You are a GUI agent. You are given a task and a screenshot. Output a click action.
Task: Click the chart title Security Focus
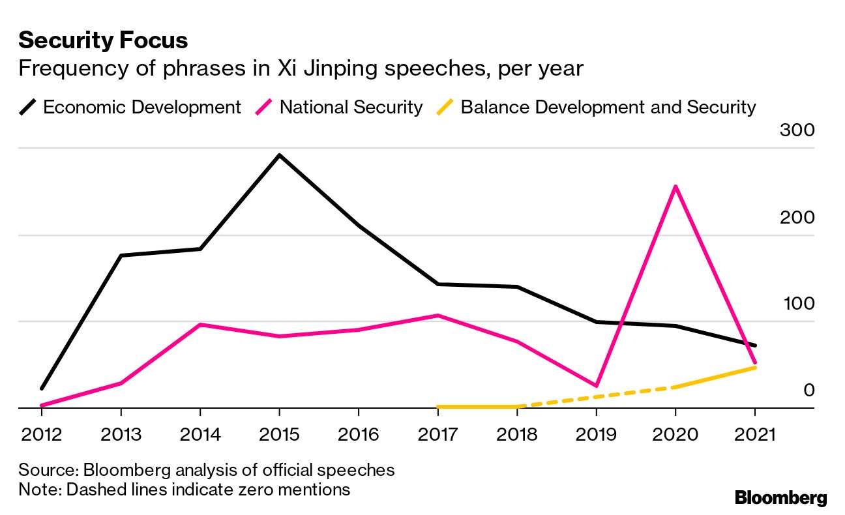pyautogui.click(x=103, y=40)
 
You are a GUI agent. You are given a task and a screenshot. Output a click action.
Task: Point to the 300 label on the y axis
pyautogui.click(x=797, y=130)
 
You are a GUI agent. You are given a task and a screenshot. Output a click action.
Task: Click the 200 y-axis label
pyautogui.click(x=797, y=217)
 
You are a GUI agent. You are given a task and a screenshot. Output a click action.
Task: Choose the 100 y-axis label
pyautogui.click(x=797, y=304)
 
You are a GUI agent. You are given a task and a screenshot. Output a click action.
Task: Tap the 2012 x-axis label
pyautogui.click(x=42, y=434)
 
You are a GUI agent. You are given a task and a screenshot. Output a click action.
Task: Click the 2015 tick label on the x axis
pyautogui.click(x=279, y=434)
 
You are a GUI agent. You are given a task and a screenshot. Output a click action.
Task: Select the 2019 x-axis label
pyautogui.click(x=596, y=434)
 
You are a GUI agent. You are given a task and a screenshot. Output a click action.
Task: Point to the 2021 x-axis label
pyautogui.click(x=754, y=434)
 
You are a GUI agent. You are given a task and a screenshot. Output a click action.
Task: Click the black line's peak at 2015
pyautogui.click(x=279, y=155)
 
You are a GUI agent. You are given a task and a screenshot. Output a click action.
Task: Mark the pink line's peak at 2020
pyautogui.click(x=675, y=186)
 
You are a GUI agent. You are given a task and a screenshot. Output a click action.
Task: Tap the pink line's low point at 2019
pyautogui.click(x=596, y=386)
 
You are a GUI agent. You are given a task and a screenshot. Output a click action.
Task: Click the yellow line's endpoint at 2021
pyautogui.click(x=754, y=368)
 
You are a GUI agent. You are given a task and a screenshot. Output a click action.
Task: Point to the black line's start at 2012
pyautogui.click(x=42, y=389)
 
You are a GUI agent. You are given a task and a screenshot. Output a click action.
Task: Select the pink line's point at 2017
pyautogui.click(x=437, y=316)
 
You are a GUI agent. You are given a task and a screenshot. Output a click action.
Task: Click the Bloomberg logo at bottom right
pyautogui.click(x=780, y=498)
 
